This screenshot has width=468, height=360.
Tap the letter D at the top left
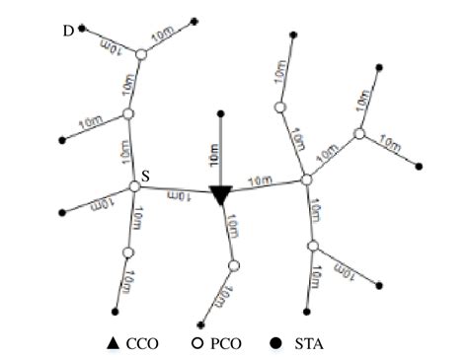tap(68, 31)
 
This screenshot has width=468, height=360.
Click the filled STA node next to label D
tap(83, 29)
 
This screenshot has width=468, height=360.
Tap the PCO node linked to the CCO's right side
tap(307, 180)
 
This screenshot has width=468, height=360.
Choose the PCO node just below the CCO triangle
tap(234, 265)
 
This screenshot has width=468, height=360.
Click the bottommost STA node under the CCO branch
tap(201, 324)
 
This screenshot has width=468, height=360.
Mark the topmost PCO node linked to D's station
tap(141, 55)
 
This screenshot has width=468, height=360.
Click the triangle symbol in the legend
tap(114, 344)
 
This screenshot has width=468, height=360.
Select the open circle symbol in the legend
tap(195, 344)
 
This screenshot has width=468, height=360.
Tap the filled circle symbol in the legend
tap(275, 344)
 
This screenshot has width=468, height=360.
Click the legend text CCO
tap(136, 344)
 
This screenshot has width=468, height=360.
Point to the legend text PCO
tap(219, 344)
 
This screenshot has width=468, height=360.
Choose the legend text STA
tap(299, 344)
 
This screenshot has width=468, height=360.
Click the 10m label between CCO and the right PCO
tap(262, 181)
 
